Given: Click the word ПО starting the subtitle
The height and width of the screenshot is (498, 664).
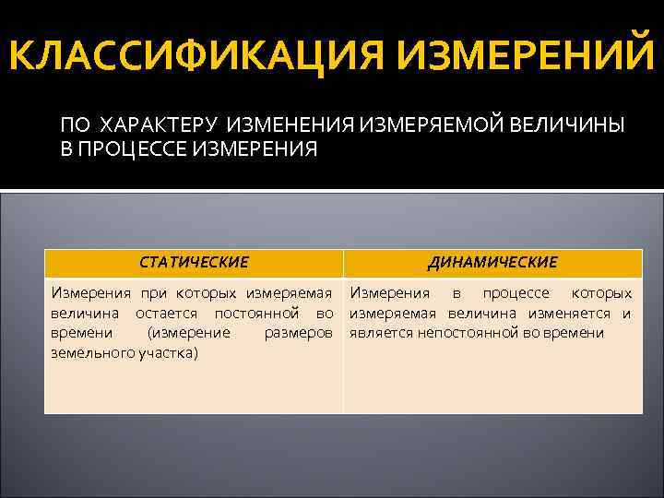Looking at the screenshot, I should tap(77, 125).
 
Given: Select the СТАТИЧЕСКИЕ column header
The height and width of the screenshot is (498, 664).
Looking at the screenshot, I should tap(194, 263).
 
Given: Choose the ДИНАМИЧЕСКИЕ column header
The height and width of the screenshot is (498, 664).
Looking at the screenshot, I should tap(492, 263).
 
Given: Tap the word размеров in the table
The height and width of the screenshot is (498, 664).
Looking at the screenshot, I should tap(298, 333).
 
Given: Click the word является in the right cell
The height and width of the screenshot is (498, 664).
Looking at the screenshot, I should tap(383, 333).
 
